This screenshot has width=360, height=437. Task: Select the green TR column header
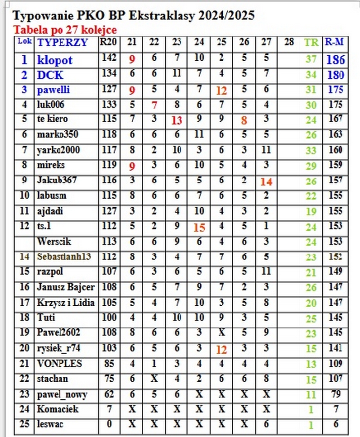[311, 43]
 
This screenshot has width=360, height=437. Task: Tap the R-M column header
[334, 42]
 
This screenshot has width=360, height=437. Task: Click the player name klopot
[55, 60]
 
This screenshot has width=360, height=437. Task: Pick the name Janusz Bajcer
[66, 287]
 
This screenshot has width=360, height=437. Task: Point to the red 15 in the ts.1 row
[199, 227]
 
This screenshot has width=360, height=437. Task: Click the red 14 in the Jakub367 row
[266, 181]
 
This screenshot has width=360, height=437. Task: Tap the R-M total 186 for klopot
[335, 59]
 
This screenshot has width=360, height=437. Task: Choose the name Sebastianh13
[64, 257]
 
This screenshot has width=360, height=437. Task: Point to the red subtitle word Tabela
[28, 30]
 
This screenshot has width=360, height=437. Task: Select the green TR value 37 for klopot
[311, 60]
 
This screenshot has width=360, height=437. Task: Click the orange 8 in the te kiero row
[244, 120]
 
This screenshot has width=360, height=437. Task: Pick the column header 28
[289, 42]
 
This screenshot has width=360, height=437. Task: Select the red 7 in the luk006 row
[154, 105]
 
